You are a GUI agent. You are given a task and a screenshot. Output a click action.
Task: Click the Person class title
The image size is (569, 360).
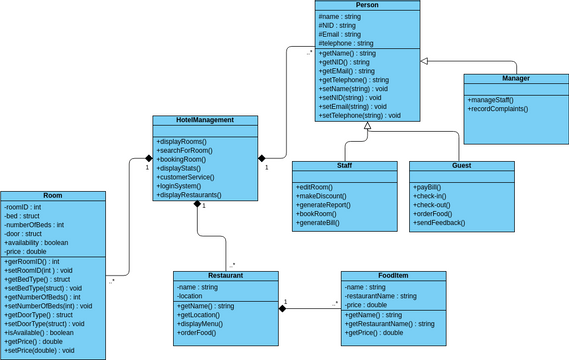click(367, 6)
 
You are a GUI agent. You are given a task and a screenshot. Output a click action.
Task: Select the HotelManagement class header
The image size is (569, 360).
click(204, 120)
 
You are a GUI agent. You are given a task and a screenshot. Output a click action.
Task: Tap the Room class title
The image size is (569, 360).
click(52, 196)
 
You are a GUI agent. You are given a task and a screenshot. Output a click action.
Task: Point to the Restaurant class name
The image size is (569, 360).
click(224, 275)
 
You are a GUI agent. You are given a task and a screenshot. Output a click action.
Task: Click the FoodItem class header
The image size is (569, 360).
click(393, 275)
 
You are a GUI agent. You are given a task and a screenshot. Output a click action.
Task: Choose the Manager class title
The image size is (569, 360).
click(515, 78)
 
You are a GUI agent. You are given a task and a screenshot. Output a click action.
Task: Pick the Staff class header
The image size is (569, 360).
click(344, 166)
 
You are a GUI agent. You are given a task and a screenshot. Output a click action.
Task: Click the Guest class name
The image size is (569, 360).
click(461, 166)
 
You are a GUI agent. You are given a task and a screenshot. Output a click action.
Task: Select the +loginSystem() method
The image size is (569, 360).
click(184, 185)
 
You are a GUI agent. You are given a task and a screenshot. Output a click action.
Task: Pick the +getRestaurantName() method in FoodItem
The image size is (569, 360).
click(389, 323)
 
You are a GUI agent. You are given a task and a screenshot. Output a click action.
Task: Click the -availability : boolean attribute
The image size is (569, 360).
click(37, 242)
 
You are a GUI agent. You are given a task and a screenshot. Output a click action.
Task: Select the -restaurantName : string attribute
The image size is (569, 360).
click(382, 295)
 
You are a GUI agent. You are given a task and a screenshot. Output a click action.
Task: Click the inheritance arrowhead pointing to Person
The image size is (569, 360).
click(424, 62)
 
